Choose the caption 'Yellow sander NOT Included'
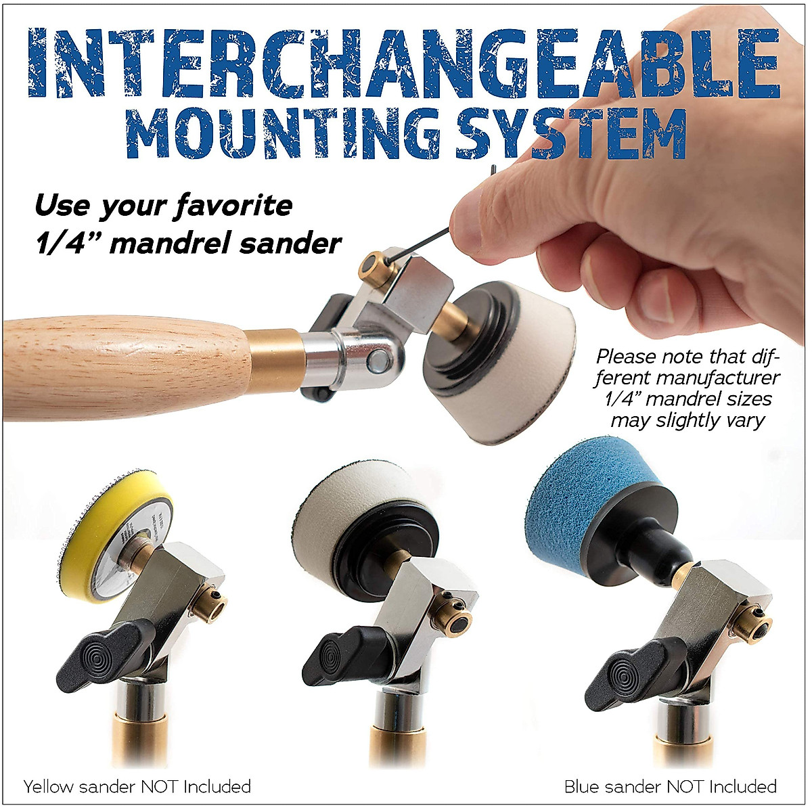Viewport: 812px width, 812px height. point(137,786)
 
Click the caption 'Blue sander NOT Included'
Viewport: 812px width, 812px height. point(671,786)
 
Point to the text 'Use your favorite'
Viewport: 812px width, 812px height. point(163,205)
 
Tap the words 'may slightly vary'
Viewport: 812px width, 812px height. point(687,420)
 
